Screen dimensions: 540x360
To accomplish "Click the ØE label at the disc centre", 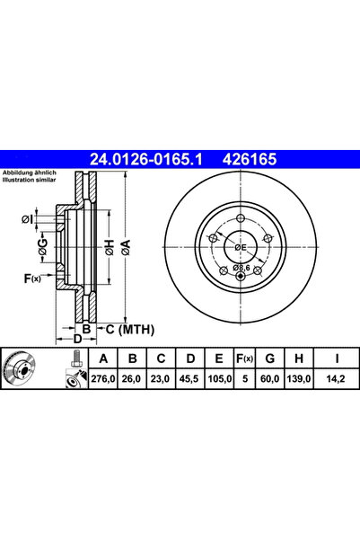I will (240, 247).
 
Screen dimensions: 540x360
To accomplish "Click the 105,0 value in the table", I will (217, 382).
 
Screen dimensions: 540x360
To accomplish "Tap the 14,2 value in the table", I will (337, 382).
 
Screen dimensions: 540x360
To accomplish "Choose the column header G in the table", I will (270, 360).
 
